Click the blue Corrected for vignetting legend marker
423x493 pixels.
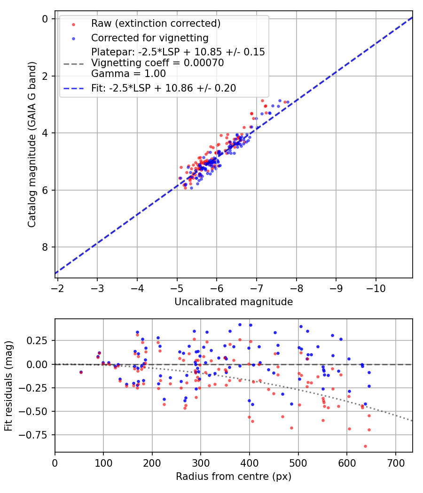coord(73,38)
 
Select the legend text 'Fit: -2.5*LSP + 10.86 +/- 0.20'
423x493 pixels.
coord(164,88)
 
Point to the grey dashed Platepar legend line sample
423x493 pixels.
coord(73,62)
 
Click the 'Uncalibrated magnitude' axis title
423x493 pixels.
coord(234,302)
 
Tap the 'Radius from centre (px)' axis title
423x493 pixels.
coord(234,477)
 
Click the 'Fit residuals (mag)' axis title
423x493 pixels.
coord(8,386)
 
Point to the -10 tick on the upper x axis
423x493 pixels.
coord(376,288)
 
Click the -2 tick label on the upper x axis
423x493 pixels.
coord(57,288)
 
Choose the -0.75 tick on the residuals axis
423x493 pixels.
coord(38,435)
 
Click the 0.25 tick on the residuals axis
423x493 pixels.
coord(40,340)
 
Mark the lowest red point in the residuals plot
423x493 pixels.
coord(365,446)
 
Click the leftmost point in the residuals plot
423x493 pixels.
coord(81,372)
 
